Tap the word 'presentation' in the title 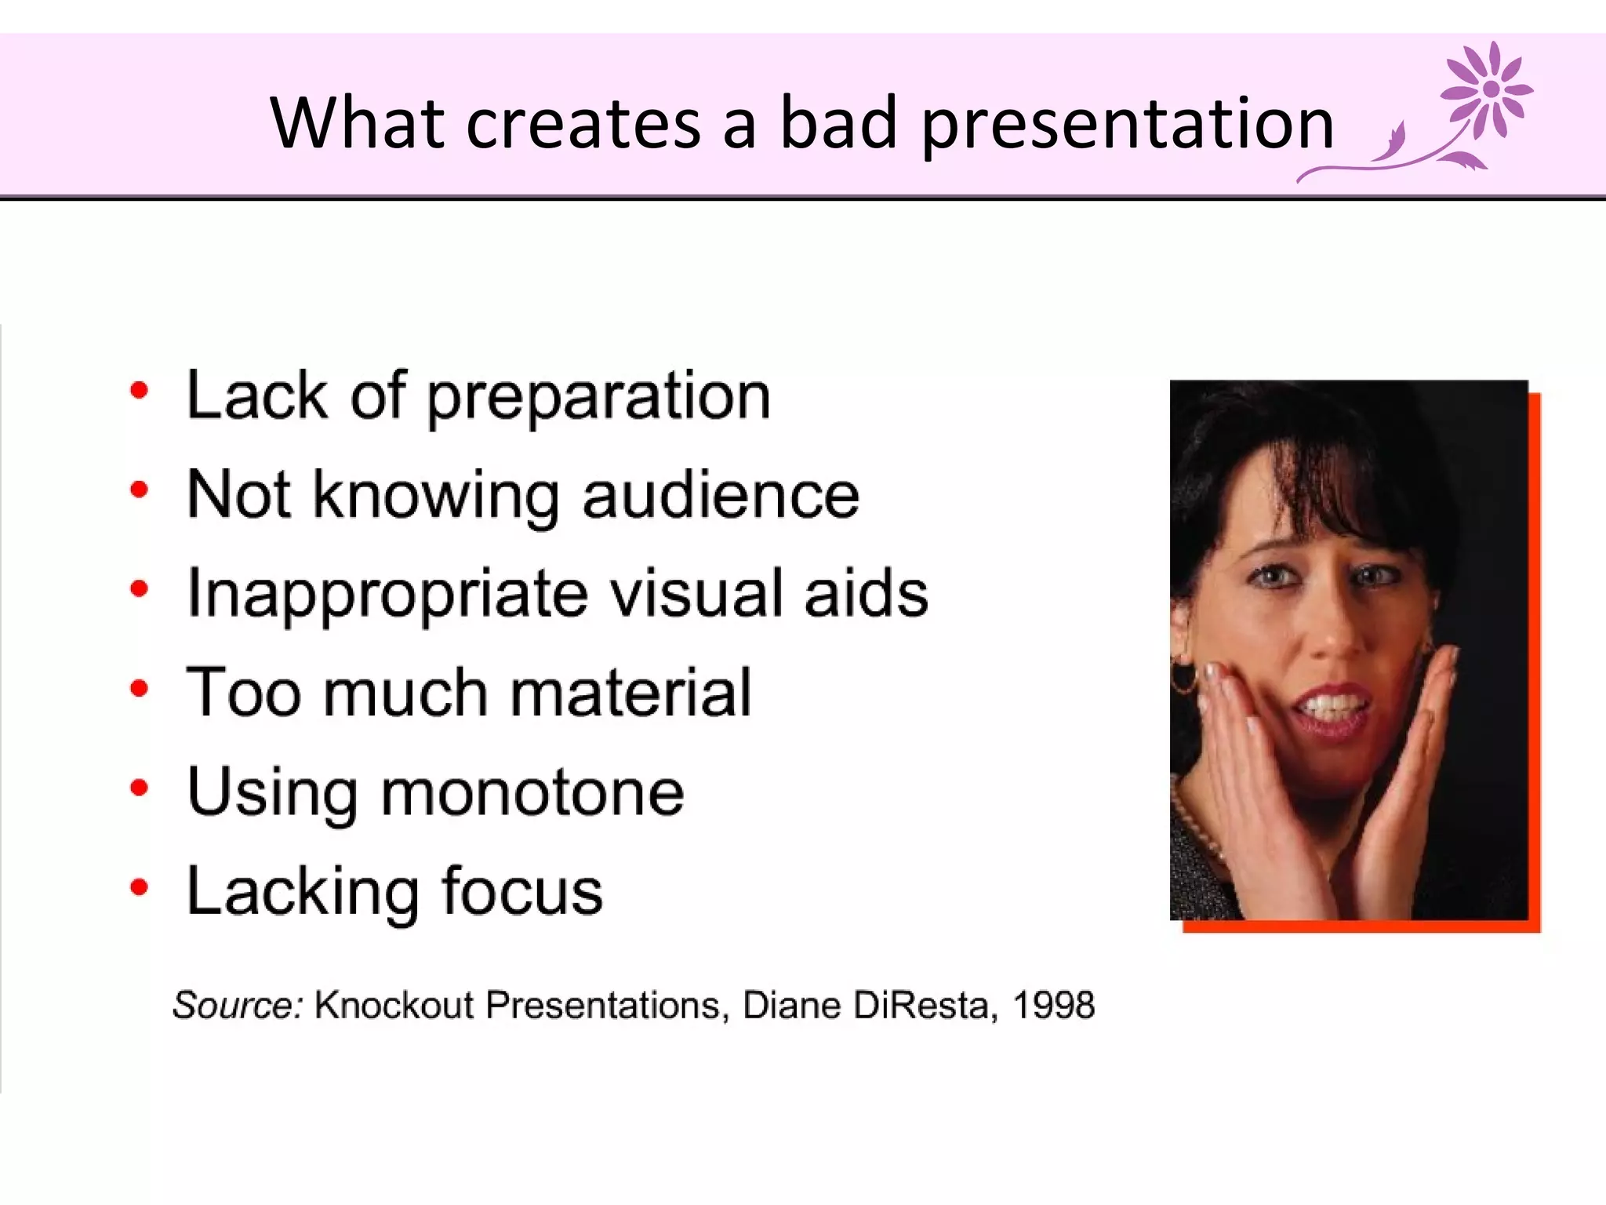pos(1127,126)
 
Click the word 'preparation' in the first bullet pos(598,399)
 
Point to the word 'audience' pos(720,496)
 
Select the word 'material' pos(630,693)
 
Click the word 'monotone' pos(532,792)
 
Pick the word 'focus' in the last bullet pos(521,891)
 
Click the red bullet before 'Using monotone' pos(139,788)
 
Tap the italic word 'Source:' pos(238,1005)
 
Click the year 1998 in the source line pos(1053,1005)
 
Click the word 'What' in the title pos(358,123)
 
